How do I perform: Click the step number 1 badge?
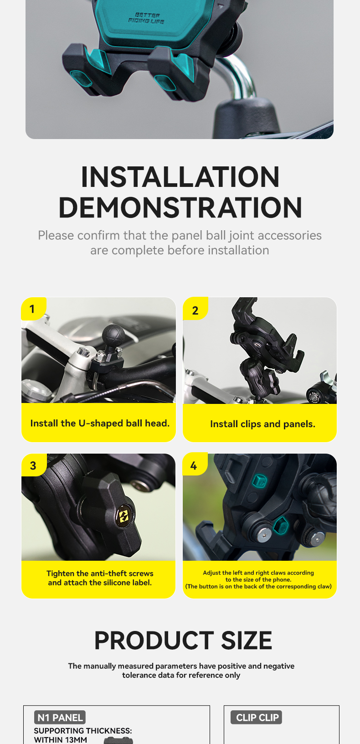point(33,309)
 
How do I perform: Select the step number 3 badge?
point(33,465)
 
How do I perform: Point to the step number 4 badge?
point(194,465)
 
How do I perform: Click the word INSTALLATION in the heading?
point(180,177)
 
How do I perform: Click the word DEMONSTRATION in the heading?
point(180,207)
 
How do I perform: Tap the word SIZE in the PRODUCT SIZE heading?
point(247,641)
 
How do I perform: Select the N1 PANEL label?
point(60,718)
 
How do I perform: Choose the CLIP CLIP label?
point(257,718)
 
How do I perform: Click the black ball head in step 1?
point(113,336)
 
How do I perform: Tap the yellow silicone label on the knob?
point(123,516)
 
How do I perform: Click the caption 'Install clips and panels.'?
point(262,424)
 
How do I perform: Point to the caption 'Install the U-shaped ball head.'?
point(100,423)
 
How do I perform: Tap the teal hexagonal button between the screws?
point(281,525)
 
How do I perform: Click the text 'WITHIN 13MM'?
point(61,740)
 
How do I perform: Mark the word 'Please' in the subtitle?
point(56,236)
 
